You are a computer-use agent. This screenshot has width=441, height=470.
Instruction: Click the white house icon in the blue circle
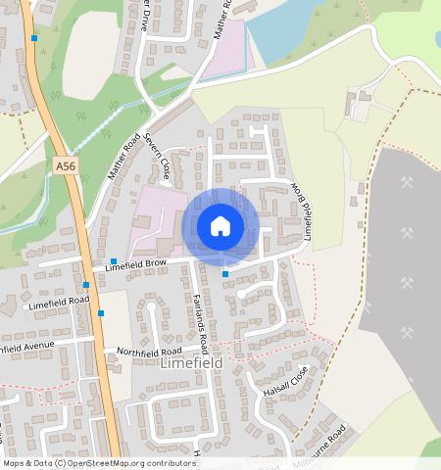(x=220, y=226)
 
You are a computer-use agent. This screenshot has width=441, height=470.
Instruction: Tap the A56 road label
(x=66, y=166)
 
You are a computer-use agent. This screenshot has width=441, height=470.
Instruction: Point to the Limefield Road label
(x=59, y=302)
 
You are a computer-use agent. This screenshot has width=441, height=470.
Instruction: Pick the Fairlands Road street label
(x=199, y=323)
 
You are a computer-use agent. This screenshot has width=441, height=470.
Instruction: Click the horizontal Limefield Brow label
(x=136, y=264)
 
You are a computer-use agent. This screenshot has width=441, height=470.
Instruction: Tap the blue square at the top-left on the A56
(x=34, y=38)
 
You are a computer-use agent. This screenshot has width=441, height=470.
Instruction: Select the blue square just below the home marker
(x=225, y=274)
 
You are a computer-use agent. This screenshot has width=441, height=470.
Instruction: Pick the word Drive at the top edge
(x=144, y=21)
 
